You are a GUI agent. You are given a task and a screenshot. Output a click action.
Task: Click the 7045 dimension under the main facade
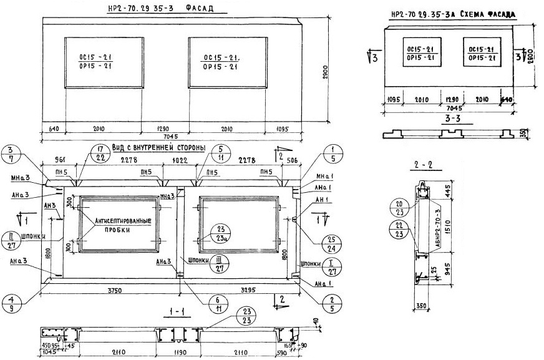click(171, 137)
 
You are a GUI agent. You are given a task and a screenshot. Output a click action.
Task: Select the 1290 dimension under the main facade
click(160, 129)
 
